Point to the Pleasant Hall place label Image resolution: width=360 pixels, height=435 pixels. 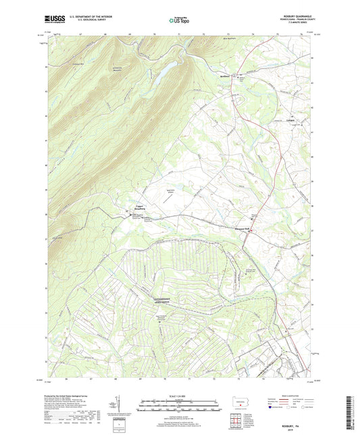point(235,229)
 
